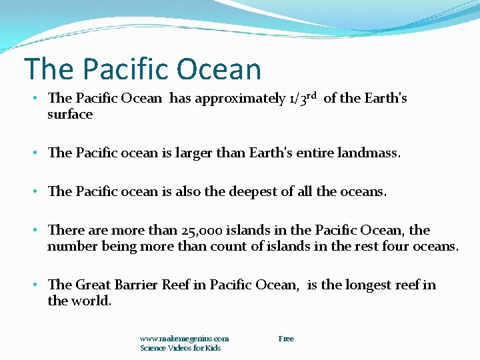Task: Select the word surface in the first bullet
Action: [70, 115]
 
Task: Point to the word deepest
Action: [256, 191]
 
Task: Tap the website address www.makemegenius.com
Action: [184, 339]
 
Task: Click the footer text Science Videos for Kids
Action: [180, 348]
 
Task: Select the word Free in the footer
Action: [286, 339]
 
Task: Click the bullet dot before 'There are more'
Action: [35, 231]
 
